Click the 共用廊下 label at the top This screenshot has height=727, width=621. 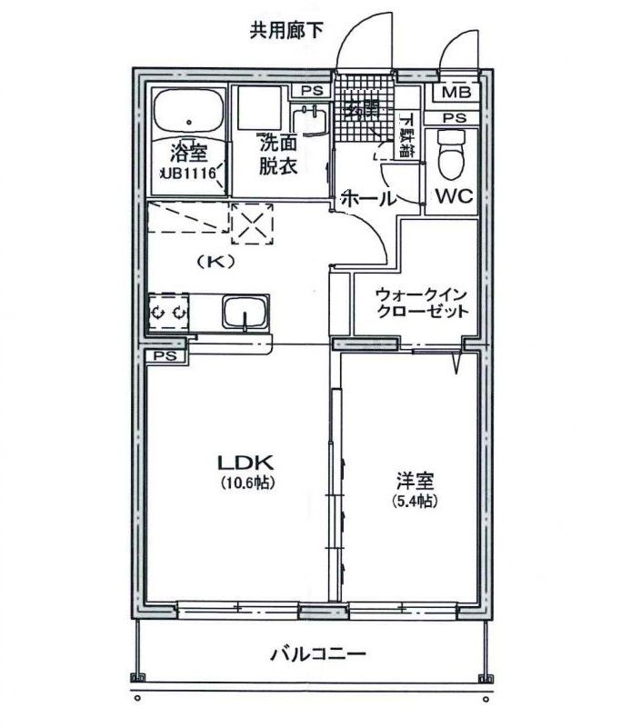tap(286, 30)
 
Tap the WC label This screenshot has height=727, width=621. tap(451, 196)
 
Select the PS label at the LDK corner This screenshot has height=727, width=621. tap(165, 355)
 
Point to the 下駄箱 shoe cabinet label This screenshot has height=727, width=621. tap(406, 136)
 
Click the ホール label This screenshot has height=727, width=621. tap(368, 198)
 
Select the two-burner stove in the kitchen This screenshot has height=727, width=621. tap(168, 312)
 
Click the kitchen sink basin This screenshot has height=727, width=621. tap(245, 314)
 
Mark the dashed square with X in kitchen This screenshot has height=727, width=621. tap(252, 224)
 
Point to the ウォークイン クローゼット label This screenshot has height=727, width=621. tap(422, 303)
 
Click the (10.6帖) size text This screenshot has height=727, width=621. tap(246, 483)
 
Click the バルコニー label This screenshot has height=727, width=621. tap(317, 653)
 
